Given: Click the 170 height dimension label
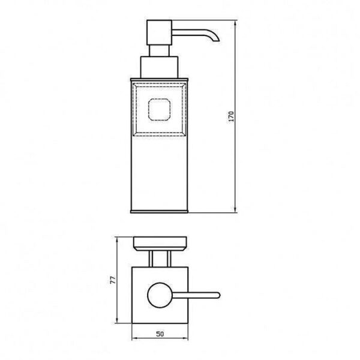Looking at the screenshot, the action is point(232,116).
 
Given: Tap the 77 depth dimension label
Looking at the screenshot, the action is point(113,280).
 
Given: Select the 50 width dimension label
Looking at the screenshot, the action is point(160,334).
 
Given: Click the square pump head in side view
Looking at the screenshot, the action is point(160,32).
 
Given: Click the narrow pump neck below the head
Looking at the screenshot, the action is point(160,51).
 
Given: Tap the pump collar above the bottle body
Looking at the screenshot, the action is point(160,67).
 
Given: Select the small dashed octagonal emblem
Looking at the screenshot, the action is point(160,110).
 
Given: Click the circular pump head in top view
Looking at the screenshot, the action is point(160,295).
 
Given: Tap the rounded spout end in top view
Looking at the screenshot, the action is point(218,295).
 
